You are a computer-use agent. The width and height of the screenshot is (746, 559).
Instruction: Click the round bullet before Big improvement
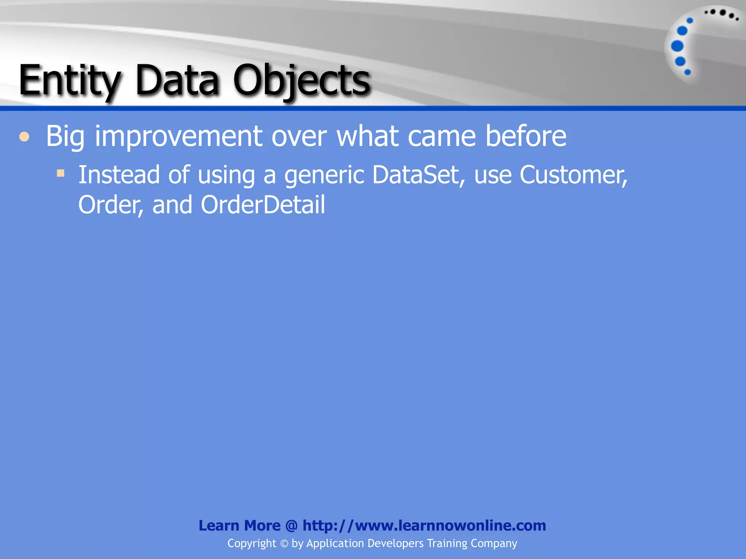tap(24, 137)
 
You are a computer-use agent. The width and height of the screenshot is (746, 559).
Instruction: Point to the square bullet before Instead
tap(60, 173)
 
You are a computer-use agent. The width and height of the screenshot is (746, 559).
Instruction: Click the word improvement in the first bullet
tap(178, 136)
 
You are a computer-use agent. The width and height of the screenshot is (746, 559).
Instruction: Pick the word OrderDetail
tap(263, 205)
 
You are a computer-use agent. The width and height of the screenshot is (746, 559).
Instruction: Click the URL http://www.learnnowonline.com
tap(424, 526)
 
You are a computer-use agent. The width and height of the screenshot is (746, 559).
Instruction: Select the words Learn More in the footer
tap(239, 526)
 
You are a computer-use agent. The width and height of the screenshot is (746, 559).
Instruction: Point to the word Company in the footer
tap(494, 544)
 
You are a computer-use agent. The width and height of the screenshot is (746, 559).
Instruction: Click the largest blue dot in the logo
tap(677, 46)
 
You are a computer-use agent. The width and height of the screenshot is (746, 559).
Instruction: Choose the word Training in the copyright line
tap(447, 543)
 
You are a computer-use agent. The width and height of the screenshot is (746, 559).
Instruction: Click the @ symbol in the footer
tap(291, 526)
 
